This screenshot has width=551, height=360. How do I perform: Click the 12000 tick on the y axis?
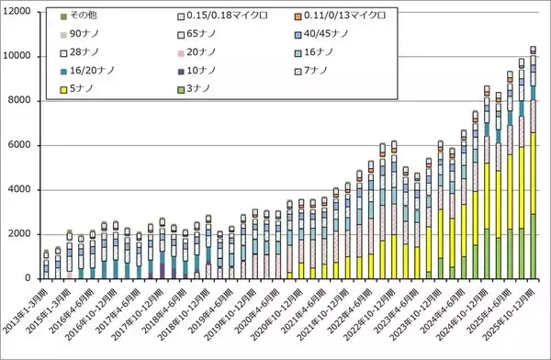tap(18, 12)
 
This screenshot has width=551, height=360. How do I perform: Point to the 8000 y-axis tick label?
tap(21, 101)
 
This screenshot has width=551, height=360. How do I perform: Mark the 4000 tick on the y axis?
tap(21, 190)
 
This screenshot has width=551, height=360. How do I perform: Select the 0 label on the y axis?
tap(31, 278)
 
